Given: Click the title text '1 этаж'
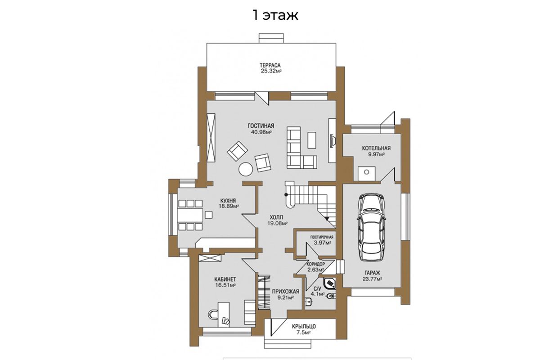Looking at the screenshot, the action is (275, 15).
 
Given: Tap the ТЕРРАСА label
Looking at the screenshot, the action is (270, 65).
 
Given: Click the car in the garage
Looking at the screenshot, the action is (372, 227).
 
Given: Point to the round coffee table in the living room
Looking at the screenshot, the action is (246, 169).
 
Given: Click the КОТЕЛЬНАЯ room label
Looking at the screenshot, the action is (376, 148).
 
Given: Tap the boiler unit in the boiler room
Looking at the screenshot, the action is (366, 173).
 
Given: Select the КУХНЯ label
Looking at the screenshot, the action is (228, 201).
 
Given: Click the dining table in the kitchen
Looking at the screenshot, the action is (190, 215).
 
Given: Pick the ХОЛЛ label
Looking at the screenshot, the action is (276, 217).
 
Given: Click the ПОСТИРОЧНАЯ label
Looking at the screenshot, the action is (322, 237).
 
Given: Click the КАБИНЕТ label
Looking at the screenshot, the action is (225, 279).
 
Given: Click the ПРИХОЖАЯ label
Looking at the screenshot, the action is (285, 292).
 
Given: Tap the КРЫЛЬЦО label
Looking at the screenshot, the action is (304, 327).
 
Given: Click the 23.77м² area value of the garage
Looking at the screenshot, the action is (372, 279).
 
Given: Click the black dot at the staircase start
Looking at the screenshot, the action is (286, 194).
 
